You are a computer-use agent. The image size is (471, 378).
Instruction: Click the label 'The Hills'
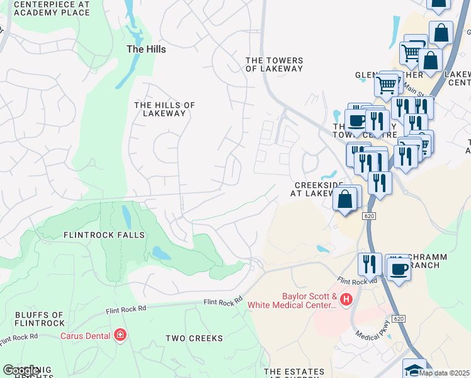pyautogui.click(x=146, y=49)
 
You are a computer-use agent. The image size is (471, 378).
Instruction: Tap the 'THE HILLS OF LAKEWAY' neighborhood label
pyautogui.click(x=164, y=109)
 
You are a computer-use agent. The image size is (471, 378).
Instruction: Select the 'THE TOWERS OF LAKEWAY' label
pyautogui.click(x=274, y=64)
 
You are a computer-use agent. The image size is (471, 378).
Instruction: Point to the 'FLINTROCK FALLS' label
pyautogui.click(x=104, y=235)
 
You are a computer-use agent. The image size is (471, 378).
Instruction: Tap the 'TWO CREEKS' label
pyautogui.click(x=194, y=338)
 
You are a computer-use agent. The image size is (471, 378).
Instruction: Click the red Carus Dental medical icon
pyautogui.click(x=120, y=335)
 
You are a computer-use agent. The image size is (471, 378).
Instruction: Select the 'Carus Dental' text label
pyautogui.click(x=86, y=335)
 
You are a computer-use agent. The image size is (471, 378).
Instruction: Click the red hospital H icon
pyautogui.click(x=345, y=299)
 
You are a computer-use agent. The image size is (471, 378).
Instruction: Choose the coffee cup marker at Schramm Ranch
pyautogui.click(x=399, y=270)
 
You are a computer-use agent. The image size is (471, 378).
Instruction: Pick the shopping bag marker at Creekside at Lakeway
pyautogui.click(x=344, y=200)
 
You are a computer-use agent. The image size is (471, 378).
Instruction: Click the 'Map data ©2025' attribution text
pyautogui.click(x=445, y=373)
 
